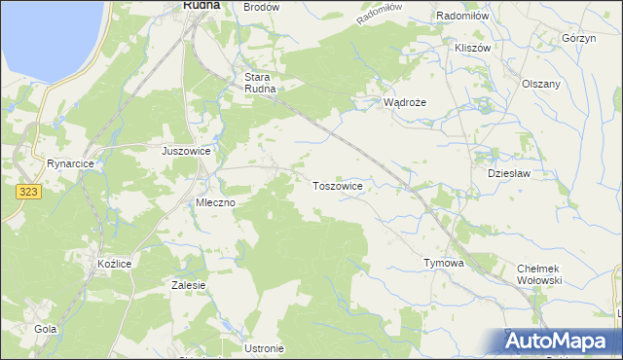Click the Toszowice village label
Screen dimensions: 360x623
click(338, 185)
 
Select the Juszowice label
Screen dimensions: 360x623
click(186, 152)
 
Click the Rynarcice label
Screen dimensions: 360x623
click(69, 163)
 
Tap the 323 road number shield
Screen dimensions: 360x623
click(28, 193)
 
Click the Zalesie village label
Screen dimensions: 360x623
click(188, 285)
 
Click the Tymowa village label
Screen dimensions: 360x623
click(444, 263)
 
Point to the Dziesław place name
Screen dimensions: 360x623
click(506, 172)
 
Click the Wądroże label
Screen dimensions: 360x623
click(405, 101)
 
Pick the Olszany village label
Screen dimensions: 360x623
click(541, 84)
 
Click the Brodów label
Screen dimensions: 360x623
click(261, 7)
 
